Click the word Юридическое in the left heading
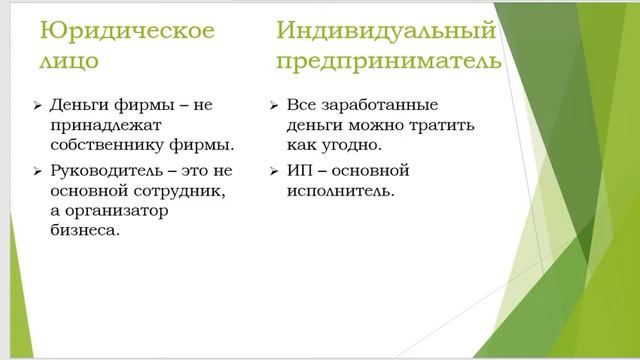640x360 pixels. click(127, 31)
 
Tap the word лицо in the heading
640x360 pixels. click(70, 62)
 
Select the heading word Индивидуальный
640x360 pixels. click(386, 31)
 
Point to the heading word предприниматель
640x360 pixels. click(389, 62)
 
